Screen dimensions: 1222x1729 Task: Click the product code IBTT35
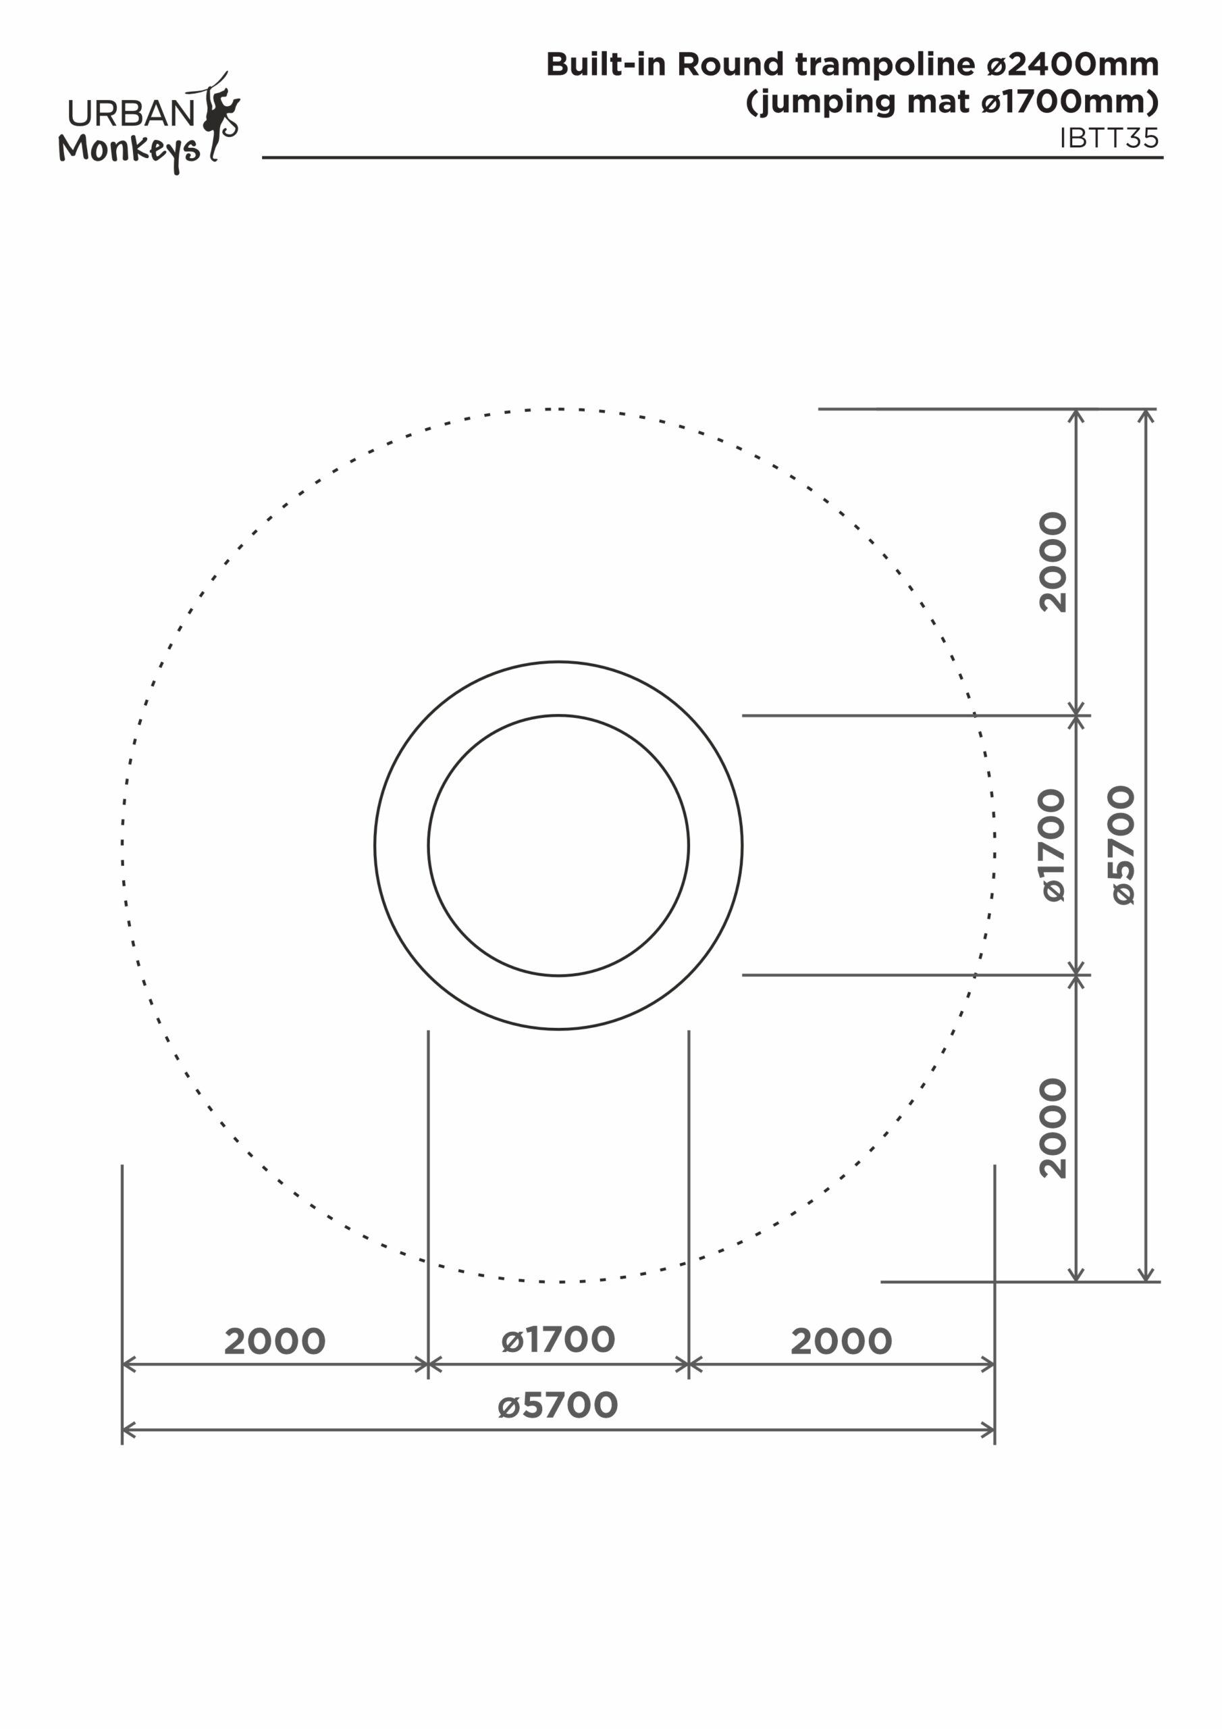pos(1109,138)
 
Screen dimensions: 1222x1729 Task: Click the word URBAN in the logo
pos(132,113)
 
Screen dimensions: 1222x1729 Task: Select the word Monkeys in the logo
pos(130,151)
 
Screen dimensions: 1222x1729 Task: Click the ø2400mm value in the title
pos(1073,65)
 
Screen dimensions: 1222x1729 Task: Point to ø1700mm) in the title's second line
pos(1070,102)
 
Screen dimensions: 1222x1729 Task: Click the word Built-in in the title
pos(606,64)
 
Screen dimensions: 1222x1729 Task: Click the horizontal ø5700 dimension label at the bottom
pos(558,1406)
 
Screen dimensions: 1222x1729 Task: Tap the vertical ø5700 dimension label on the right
pos(1123,845)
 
